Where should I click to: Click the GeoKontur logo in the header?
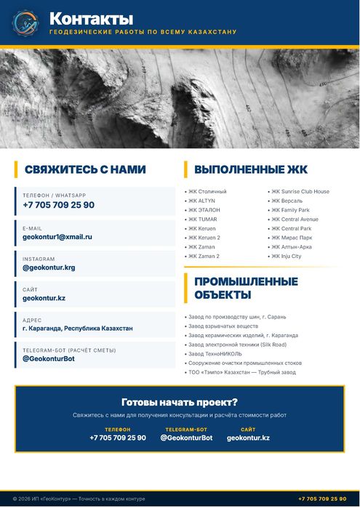tap(25, 23)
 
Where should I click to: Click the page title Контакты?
tap(91, 18)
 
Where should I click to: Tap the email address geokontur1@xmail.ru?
tap(57, 237)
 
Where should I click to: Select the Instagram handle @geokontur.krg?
tap(49, 267)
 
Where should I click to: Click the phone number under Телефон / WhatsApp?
tap(58, 205)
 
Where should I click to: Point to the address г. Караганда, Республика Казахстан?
tap(78, 328)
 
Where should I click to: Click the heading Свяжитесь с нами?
tap(85, 169)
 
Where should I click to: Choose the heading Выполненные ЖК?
tap(251, 169)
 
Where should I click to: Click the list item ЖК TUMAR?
tap(203, 219)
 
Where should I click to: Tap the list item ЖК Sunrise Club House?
tap(300, 192)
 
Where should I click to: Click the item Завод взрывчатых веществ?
tap(223, 326)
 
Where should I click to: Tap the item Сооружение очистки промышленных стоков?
tap(244, 363)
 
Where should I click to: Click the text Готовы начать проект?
tap(180, 402)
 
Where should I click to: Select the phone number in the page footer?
tap(322, 499)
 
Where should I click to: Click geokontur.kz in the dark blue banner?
tap(248, 438)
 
